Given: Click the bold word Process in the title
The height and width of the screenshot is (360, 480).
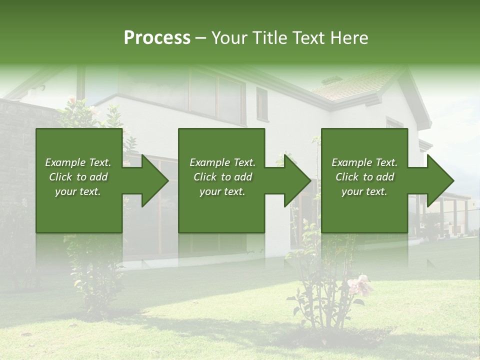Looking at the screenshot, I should [157, 38].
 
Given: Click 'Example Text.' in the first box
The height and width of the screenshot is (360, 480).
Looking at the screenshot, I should [78, 162].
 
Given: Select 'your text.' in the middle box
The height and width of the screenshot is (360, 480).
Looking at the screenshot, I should [222, 191].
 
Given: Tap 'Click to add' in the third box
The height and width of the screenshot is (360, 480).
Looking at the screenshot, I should [364, 177].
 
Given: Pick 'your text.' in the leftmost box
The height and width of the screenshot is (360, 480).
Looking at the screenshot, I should [78, 191].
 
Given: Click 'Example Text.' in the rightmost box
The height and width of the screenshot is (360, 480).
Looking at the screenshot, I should [364, 162].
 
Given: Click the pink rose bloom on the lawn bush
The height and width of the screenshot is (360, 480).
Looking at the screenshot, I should [360, 285].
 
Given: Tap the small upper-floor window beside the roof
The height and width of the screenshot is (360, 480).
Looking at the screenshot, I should [262, 103].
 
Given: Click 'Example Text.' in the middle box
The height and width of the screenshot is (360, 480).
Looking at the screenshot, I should [222, 162].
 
